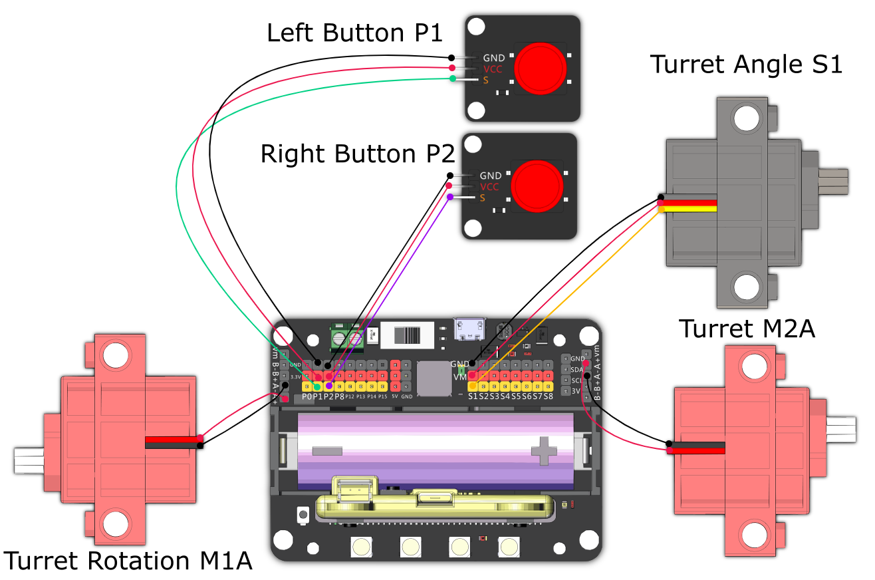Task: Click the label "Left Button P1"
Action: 354,33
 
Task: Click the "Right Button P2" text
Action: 357,154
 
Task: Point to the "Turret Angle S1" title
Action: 746,65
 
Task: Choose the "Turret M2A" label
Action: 747,329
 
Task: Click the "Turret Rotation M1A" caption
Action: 128,561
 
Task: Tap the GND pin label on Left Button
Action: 493,59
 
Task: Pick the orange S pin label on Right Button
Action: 483,198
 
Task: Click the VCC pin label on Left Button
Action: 493,69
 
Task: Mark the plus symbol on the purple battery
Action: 544,450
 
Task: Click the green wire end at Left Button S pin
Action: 452,79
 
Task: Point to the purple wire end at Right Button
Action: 450,198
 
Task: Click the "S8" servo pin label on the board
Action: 548,397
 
